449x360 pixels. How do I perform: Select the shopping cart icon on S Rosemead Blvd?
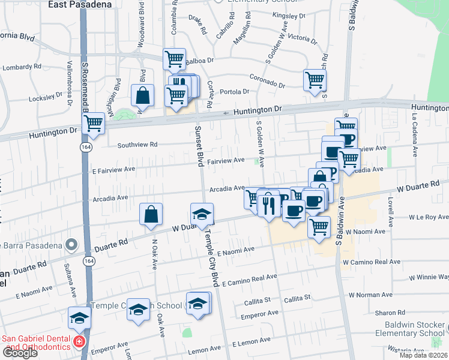pos(93,124)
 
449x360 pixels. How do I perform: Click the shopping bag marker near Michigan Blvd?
pos(143,95)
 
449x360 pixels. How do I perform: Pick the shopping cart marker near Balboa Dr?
pos(173,59)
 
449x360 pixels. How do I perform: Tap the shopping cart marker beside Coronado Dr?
pos(315,80)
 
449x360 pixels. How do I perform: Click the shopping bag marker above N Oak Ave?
pos(151,214)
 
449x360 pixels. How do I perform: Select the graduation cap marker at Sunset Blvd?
pos(202,214)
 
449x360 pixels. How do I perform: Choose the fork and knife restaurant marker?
pos(268,206)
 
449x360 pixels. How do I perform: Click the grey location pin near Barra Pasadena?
pos(72,245)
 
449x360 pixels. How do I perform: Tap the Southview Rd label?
pos(137,145)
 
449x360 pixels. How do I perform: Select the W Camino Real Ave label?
pos(372,262)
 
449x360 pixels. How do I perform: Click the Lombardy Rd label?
pos(20,68)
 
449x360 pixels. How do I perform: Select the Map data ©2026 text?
pos(424,355)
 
